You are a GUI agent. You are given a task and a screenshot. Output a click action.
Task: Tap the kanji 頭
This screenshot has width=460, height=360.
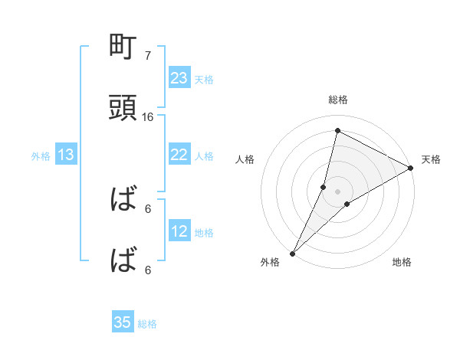tap(123, 108)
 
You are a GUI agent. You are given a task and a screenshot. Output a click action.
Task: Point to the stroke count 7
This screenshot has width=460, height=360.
tap(148, 56)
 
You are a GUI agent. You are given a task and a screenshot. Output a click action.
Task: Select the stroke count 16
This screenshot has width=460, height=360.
tap(148, 117)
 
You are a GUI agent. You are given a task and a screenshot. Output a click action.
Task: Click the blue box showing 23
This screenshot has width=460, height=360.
tap(179, 78)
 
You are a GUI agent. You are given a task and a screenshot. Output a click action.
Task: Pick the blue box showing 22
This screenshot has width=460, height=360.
tap(179, 155)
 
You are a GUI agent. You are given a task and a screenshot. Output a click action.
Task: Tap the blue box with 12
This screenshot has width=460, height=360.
tap(179, 231)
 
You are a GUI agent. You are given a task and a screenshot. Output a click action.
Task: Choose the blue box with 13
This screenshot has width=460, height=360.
tap(66, 155)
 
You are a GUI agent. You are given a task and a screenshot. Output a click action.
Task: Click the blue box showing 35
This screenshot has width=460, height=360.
tap(123, 322)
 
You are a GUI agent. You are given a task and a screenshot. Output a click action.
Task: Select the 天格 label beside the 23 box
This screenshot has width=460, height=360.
tap(204, 79)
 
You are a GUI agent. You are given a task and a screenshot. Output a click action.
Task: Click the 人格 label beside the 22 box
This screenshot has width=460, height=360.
tap(204, 155)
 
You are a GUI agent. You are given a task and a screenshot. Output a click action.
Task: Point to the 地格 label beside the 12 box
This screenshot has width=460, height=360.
tap(204, 232)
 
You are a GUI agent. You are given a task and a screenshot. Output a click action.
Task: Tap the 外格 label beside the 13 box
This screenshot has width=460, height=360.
tap(41, 156)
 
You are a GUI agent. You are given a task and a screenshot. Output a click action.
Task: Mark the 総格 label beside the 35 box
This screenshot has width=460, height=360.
tap(147, 323)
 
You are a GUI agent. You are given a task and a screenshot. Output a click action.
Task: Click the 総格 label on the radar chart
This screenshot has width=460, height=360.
tap(337, 100)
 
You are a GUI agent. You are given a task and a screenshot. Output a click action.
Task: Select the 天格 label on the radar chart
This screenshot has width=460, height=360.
tap(432, 159)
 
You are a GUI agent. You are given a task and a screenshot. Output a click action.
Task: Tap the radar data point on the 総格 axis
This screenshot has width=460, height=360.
tap(337, 130)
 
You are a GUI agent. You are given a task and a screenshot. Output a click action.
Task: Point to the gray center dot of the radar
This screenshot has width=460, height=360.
tap(337, 191)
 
